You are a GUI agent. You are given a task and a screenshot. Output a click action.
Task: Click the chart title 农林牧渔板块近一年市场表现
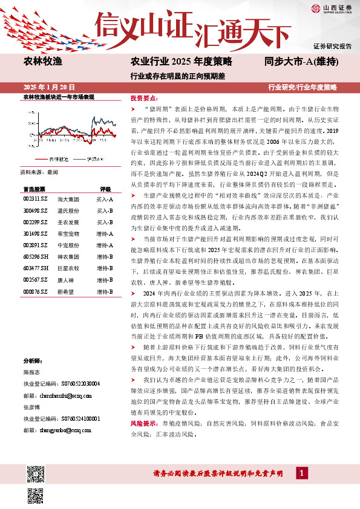[x=59, y=97]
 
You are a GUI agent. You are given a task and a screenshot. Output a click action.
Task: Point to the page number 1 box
[x=299, y=473]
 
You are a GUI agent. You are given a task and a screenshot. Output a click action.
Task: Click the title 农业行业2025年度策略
[x=182, y=61]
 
